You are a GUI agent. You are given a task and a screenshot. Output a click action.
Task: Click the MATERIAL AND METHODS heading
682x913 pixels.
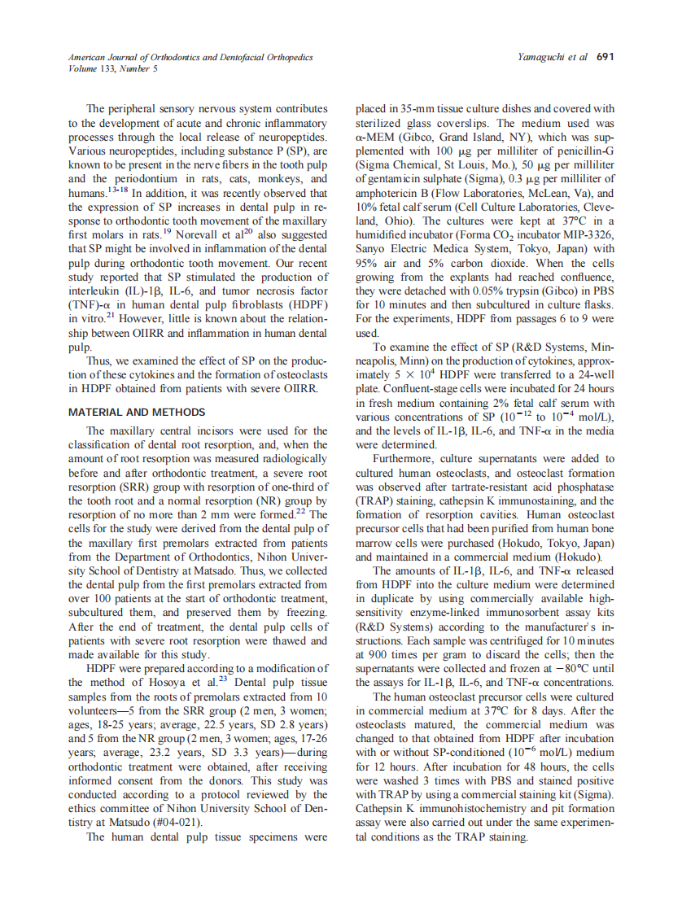point(137,412)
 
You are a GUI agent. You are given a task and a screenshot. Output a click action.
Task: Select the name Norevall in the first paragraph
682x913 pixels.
point(210,235)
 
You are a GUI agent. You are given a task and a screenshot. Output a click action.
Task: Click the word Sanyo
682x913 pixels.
point(374,250)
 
